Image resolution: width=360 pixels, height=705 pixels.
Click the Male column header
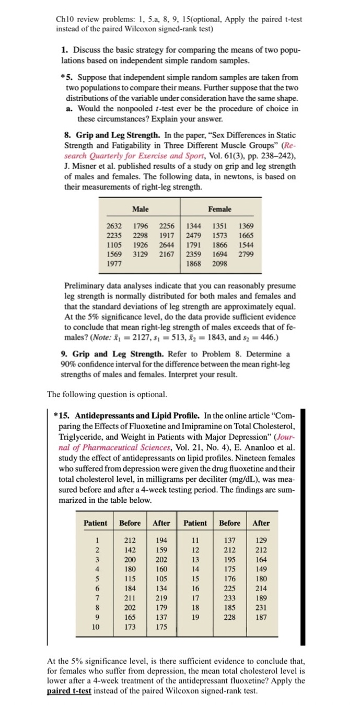click(x=140, y=209)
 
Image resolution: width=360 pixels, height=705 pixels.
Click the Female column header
click(x=219, y=209)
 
